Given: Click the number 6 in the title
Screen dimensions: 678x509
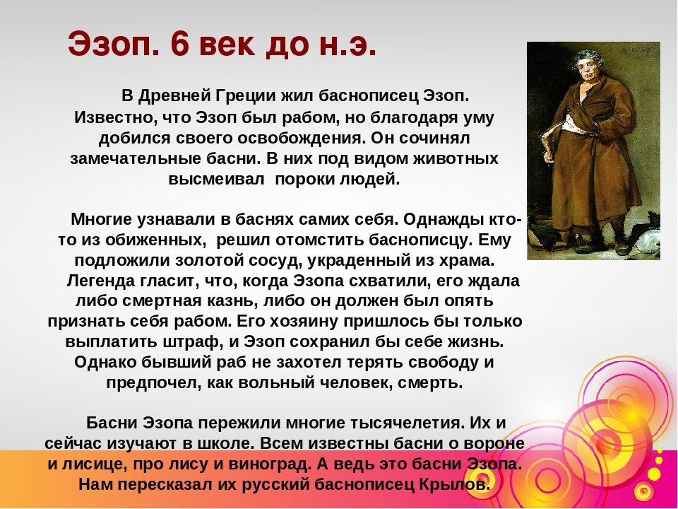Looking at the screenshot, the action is pyautogui.click(x=180, y=44).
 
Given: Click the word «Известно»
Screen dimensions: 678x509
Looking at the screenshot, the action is pyautogui.click(x=109, y=117).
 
